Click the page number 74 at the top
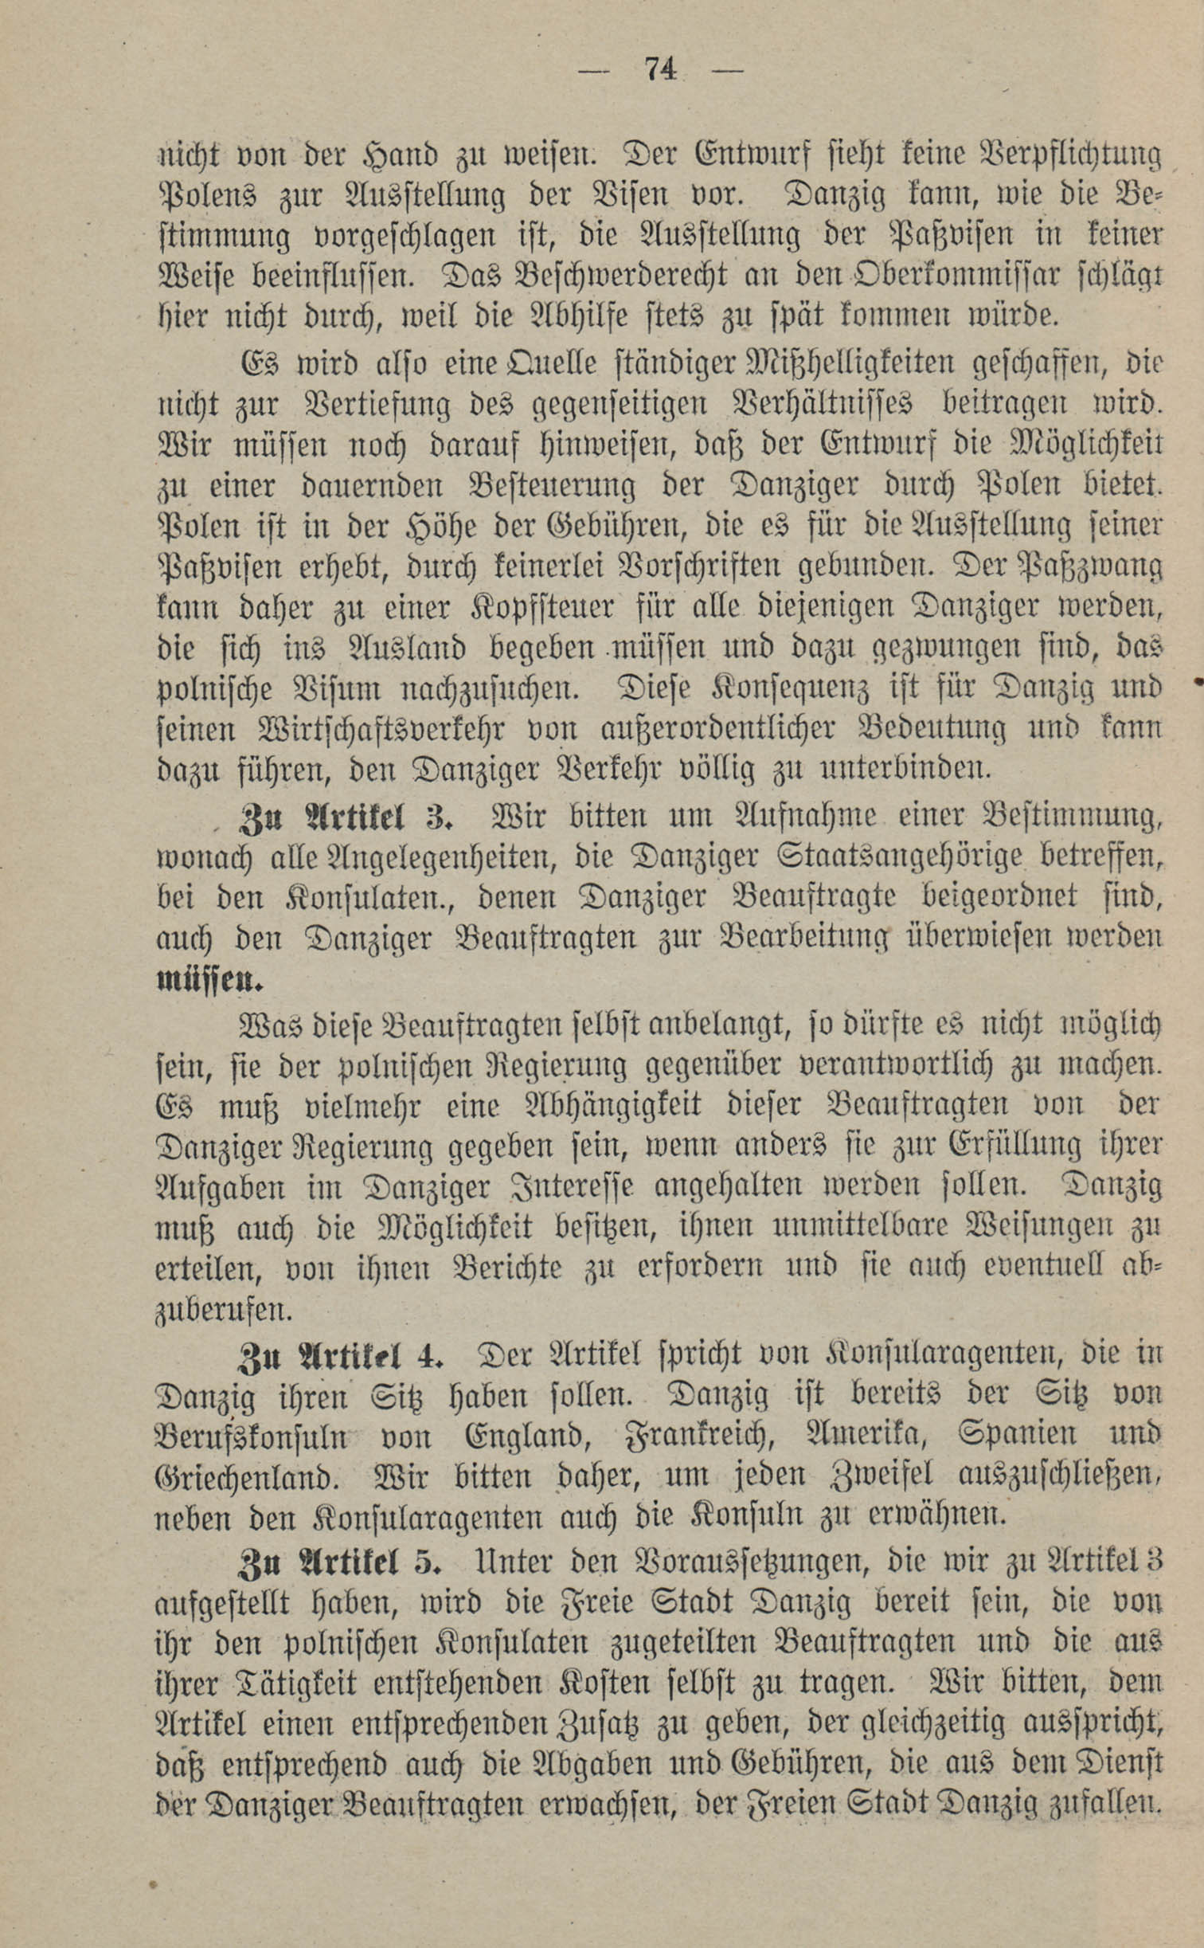point(660,70)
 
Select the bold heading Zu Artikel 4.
point(341,1354)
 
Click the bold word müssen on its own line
point(210,979)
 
